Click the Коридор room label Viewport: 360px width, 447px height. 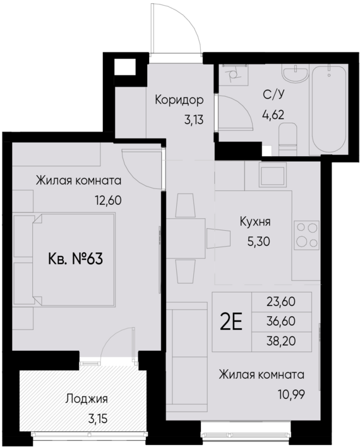[179, 100]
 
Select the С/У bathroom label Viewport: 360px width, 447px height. [273, 96]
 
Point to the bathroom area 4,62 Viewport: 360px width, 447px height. [273, 115]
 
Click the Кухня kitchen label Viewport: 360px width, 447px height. [255, 222]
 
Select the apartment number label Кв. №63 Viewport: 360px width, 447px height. [76, 259]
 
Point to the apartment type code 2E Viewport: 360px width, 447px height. [231, 322]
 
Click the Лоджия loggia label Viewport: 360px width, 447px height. [87, 399]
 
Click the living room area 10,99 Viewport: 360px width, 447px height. [291, 393]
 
